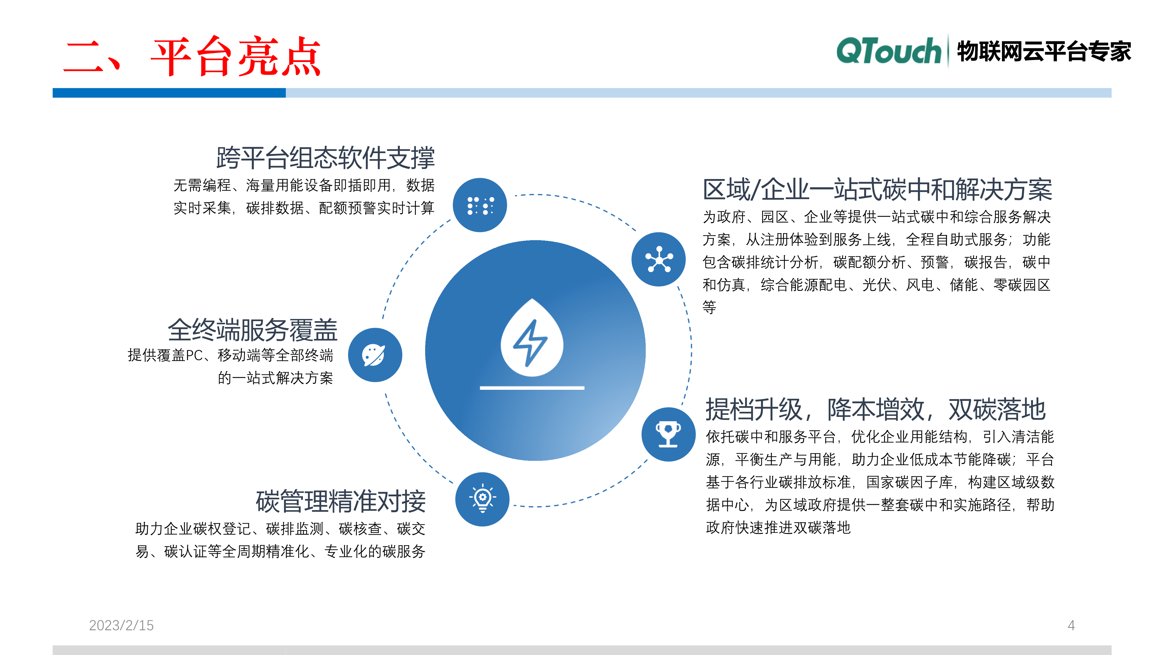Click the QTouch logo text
[888, 51]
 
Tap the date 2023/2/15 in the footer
[121, 625]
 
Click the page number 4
[1071, 625]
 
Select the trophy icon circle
[668, 434]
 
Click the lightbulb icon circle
[482, 499]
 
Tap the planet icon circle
[375, 355]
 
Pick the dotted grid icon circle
[480, 205]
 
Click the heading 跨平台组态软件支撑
[325, 158]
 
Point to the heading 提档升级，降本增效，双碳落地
[875, 410]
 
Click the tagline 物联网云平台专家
[1044, 51]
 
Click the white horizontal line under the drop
[532, 388]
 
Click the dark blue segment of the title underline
[169, 93]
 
